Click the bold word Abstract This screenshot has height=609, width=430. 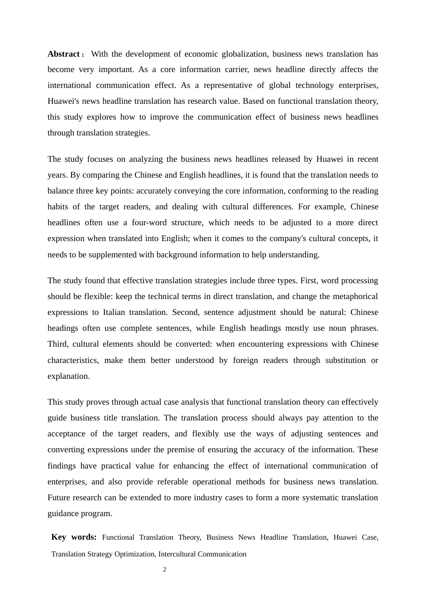click(x=64, y=54)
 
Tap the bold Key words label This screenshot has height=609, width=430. click(x=74, y=537)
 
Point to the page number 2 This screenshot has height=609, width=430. click(x=165, y=570)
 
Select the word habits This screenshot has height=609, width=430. click(x=58, y=207)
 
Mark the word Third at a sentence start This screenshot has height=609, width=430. click(x=57, y=344)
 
